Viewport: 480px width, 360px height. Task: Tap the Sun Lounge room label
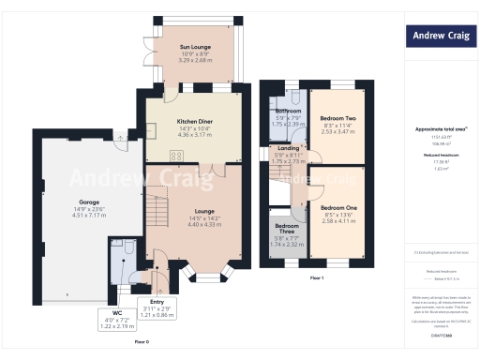click(x=196, y=47)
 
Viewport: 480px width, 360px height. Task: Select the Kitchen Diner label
click(x=188, y=122)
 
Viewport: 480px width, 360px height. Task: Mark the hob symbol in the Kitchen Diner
click(x=175, y=156)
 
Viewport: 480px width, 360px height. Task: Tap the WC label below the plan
click(x=117, y=312)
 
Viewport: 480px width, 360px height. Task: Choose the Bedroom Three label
click(x=287, y=228)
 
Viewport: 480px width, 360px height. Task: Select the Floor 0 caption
click(x=141, y=342)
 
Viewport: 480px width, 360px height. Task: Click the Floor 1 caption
click(x=316, y=278)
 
